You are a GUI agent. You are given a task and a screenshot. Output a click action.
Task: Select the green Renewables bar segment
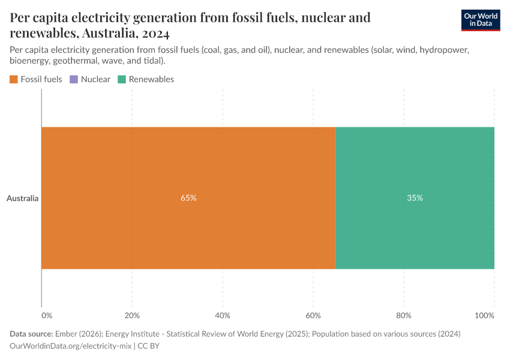click(415, 168)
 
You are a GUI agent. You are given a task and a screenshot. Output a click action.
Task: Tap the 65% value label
click(188, 198)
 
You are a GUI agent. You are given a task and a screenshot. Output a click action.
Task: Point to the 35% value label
click(415, 198)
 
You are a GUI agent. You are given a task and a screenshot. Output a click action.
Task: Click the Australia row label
click(23, 198)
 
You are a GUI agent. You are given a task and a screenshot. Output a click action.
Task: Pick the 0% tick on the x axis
click(46, 316)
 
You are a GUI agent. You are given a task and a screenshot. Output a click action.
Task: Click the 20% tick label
click(132, 316)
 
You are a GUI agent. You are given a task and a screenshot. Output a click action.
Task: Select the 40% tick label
click(223, 316)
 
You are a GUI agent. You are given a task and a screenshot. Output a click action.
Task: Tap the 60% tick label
click(313, 316)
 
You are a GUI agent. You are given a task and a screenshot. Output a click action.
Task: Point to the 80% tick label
click(404, 316)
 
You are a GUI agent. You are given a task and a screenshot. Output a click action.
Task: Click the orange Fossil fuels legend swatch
click(14, 79)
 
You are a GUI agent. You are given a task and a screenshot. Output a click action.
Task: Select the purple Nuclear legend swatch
click(74, 79)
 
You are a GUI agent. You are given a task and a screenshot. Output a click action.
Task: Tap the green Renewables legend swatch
click(122, 79)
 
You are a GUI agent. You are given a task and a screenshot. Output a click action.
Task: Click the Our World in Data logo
click(480, 20)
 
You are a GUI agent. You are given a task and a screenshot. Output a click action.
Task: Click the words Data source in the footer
click(31, 334)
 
